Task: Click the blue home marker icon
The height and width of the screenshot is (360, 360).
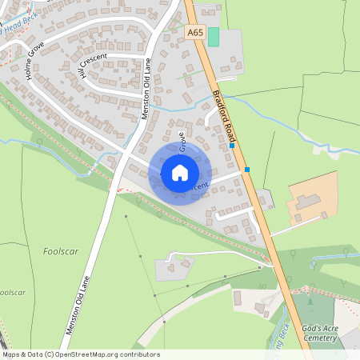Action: tap(180, 172)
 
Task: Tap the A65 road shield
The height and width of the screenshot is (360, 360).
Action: tap(194, 33)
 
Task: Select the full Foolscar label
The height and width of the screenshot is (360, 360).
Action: tap(59, 250)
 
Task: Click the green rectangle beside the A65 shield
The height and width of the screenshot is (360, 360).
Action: tap(214, 36)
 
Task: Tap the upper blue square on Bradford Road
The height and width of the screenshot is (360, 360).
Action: tap(232, 146)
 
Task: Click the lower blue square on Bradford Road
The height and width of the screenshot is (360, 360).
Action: tap(246, 170)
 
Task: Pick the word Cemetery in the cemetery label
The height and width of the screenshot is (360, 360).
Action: tap(321, 338)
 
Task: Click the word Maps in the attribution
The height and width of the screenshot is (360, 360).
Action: tap(12, 354)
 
